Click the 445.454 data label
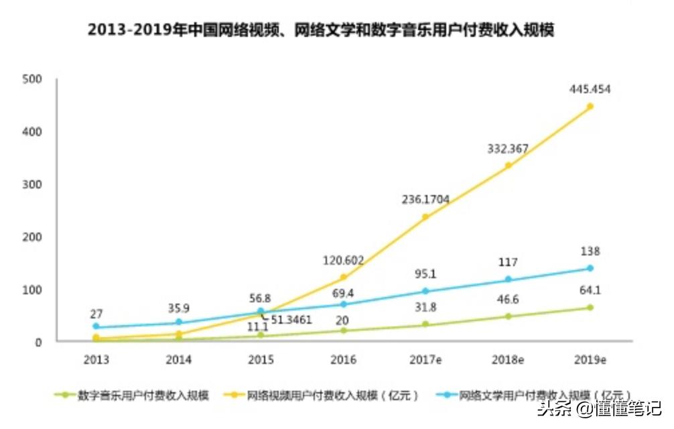point(590,88)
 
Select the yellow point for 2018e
point(508,165)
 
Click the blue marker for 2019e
point(590,268)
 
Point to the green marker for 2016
point(344,330)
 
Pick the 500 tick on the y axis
point(32,79)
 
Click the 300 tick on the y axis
point(32,184)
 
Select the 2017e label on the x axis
point(425,360)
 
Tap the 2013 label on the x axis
point(96,360)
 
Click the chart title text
point(321,31)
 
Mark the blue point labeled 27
point(96,327)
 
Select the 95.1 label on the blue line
point(425,273)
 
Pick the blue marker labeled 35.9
point(179,322)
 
